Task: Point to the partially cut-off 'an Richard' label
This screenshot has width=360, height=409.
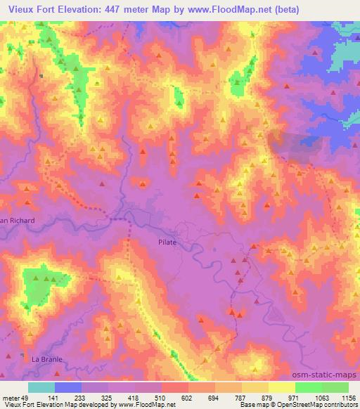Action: [x=17, y=220]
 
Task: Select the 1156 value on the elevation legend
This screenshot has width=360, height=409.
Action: [x=348, y=397]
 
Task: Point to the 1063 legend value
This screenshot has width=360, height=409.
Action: [x=321, y=397]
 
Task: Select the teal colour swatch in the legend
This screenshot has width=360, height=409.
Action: [x=41, y=387]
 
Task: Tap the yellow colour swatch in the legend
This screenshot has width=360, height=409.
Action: [x=282, y=387]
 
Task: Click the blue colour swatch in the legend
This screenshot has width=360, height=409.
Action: [x=68, y=387]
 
